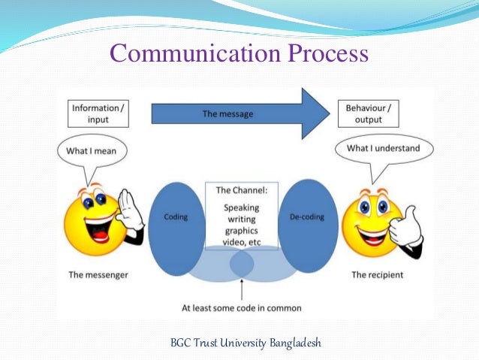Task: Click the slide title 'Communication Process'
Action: click(x=239, y=54)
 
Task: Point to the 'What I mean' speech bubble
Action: click(x=92, y=151)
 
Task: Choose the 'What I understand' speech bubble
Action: click(x=383, y=149)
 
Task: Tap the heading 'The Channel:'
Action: click(x=242, y=190)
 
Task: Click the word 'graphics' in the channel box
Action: click(x=242, y=231)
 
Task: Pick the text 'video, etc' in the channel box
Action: click(x=242, y=244)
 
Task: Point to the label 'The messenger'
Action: click(x=98, y=275)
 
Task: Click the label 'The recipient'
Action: click(x=378, y=275)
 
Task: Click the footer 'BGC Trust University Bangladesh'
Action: click(x=246, y=343)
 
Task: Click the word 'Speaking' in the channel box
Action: click(x=242, y=207)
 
